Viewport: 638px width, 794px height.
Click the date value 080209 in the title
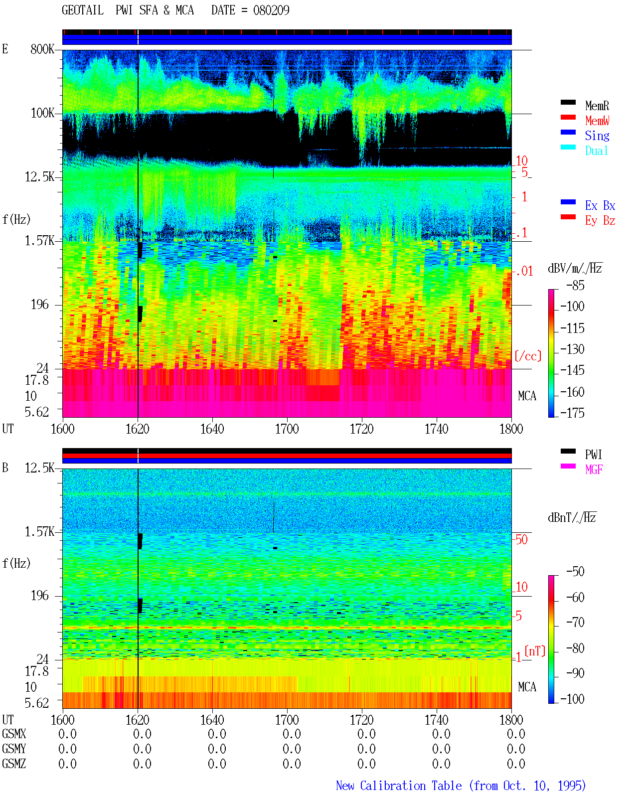tap(271, 10)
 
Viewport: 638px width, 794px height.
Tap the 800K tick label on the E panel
tap(42, 49)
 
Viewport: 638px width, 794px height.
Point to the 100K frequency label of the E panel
tap(42, 113)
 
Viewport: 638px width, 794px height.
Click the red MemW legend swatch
tap(568, 117)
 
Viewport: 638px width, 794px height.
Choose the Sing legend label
tap(597, 136)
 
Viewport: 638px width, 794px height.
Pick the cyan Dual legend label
tap(597, 151)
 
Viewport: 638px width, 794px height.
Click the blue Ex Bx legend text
tap(600, 205)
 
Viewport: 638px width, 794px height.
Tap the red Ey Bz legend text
tap(600, 221)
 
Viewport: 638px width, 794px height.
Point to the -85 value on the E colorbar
tap(575, 286)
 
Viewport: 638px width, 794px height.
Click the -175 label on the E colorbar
tap(572, 413)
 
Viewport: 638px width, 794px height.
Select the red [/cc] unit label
tap(528, 356)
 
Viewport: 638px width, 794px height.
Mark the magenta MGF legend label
tap(594, 470)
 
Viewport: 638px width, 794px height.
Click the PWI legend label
tap(594, 454)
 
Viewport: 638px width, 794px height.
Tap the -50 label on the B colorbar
tap(575, 572)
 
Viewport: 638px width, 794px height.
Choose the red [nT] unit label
tap(535, 651)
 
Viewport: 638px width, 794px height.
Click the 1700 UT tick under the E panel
tap(287, 429)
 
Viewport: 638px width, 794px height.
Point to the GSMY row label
tap(14, 749)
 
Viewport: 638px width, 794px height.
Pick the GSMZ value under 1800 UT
tap(516, 764)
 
